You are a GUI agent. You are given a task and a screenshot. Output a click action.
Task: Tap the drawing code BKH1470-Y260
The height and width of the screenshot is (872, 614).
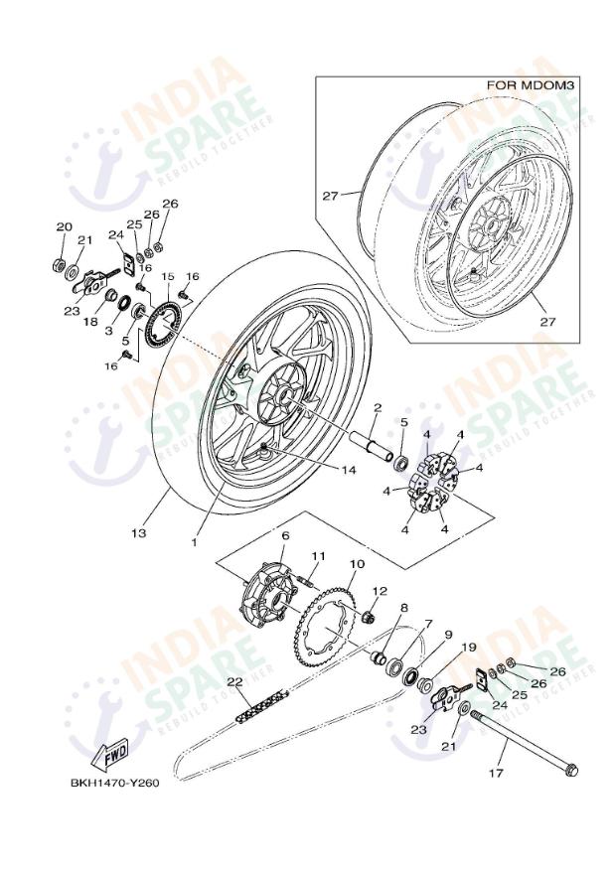click(x=114, y=782)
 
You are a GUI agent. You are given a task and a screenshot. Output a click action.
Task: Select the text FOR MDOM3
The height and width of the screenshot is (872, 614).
click(x=531, y=86)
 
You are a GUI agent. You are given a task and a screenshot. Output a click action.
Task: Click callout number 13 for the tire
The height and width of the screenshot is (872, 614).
click(x=138, y=533)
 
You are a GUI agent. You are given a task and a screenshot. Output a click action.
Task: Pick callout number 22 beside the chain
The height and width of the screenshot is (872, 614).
click(x=233, y=681)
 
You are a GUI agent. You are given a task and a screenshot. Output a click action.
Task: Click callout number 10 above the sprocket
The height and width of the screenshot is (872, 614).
click(x=357, y=564)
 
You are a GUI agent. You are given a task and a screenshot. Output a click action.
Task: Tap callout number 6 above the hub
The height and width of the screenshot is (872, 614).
click(x=284, y=536)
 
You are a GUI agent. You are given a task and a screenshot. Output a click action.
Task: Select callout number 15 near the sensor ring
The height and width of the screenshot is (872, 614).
click(x=168, y=276)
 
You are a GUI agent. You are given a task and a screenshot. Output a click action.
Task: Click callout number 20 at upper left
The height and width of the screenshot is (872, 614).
click(x=64, y=227)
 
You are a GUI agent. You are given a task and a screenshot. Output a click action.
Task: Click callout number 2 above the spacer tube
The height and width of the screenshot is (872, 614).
click(x=378, y=407)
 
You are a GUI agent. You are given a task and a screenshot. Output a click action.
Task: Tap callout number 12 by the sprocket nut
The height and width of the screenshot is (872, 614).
click(x=379, y=591)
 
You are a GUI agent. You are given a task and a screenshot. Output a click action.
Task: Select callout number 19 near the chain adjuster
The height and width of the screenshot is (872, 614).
click(x=468, y=647)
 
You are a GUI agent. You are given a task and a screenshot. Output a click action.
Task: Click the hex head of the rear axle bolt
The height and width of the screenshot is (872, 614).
click(x=570, y=771)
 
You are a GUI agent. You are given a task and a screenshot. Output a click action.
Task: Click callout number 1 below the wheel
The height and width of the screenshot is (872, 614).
click(x=195, y=543)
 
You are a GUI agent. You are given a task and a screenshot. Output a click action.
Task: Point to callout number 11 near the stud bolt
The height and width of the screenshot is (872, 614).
click(x=318, y=555)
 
